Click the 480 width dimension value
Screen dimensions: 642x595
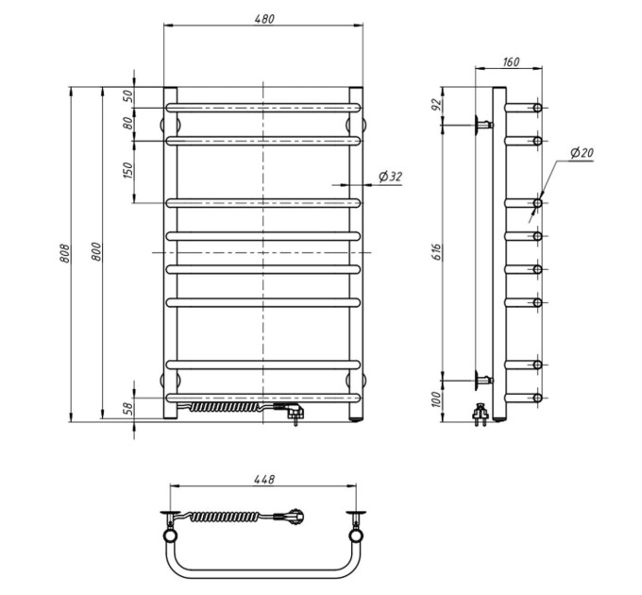coord(264,19)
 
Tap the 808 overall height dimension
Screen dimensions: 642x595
coord(65,253)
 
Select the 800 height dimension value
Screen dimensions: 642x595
coord(95,252)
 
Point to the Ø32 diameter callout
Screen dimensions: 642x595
coord(391,177)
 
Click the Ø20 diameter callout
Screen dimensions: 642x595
coord(582,153)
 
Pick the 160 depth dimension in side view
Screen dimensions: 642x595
coord(511,61)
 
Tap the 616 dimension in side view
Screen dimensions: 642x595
coord(437,252)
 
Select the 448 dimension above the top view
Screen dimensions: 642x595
coord(264,479)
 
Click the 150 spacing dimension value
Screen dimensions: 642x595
coord(128,170)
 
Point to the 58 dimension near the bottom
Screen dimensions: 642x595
coord(128,408)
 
